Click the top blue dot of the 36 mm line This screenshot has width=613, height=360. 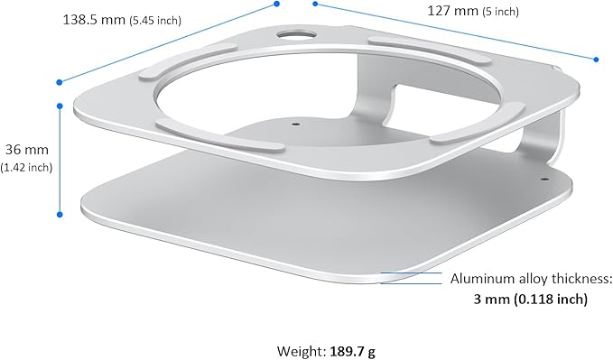coord(60,106)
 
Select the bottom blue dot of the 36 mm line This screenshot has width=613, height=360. coord(60,215)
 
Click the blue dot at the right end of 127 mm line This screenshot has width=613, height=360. coord(597,60)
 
